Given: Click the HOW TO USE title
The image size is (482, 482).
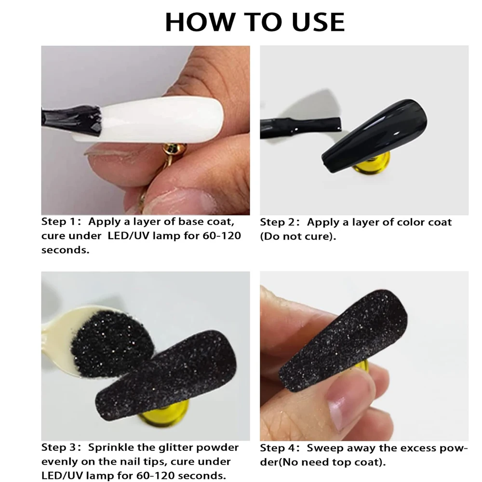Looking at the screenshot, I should click(x=254, y=22).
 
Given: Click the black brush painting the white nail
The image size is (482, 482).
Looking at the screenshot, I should click(x=72, y=118).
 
